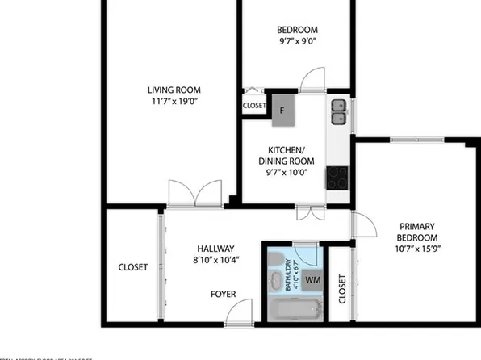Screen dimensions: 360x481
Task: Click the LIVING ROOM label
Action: [x=174, y=90]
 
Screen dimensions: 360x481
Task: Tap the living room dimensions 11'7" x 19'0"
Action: [x=174, y=103]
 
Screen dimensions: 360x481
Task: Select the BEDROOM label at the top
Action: [x=297, y=28]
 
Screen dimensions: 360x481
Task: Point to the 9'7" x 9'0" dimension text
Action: [x=297, y=41]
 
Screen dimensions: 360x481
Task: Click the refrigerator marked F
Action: [x=282, y=110]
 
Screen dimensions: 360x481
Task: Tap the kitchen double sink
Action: [x=339, y=111]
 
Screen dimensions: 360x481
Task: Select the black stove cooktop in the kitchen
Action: [x=337, y=177]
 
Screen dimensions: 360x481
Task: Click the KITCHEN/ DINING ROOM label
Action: [x=286, y=156]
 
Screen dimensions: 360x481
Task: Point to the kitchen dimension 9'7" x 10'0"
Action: [x=286, y=174]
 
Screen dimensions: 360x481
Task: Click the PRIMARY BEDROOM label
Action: [x=416, y=232]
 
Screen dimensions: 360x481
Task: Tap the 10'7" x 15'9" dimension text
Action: [x=416, y=250]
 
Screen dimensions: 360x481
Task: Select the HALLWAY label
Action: [x=215, y=249]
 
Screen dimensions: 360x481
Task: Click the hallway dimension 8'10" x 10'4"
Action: [x=215, y=261]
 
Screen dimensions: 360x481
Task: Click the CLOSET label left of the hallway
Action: [x=133, y=267]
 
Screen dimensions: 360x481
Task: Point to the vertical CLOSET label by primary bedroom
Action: [x=342, y=289]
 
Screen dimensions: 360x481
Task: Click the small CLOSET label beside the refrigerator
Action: [x=254, y=105]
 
